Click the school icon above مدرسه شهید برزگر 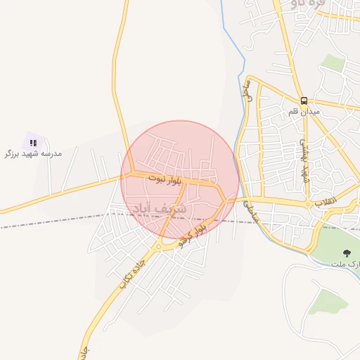coord(33,143)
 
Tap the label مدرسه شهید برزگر coord(33,153)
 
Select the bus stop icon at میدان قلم coord(304,101)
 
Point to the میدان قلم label coord(304,112)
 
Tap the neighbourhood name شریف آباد coord(160,208)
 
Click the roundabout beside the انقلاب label coord(309,204)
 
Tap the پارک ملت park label coord(346,264)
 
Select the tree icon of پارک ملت coord(346,253)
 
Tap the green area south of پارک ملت coord(328,302)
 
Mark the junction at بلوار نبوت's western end coord(127,173)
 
